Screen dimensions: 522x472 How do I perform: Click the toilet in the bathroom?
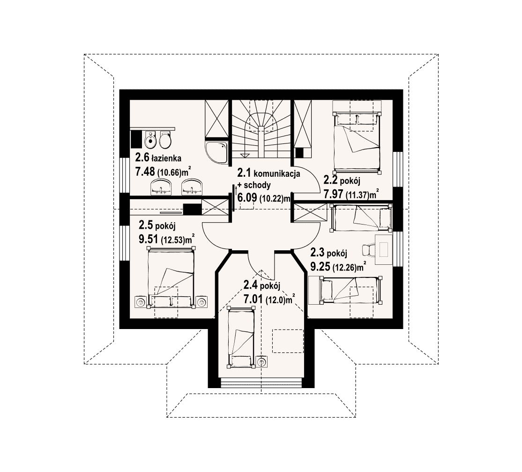(165, 140)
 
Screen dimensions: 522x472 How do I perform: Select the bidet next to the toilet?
(151, 140)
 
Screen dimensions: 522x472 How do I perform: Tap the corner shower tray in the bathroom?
(217, 152)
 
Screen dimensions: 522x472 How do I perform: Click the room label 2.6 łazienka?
(158, 157)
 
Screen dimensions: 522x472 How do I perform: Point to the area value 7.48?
(145, 172)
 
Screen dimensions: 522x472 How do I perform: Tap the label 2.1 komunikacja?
(268, 173)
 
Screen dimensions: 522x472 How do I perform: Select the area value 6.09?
(247, 198)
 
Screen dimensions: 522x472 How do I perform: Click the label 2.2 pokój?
(342, 180)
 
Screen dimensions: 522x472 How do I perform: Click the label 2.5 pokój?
(157, 225)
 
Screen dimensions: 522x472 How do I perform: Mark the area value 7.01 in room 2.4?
(254, 299)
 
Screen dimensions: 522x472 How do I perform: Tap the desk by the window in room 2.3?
(384, 249)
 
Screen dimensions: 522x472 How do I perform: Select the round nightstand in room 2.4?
(262, 361)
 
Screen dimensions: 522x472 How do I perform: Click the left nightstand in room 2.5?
(140, 302)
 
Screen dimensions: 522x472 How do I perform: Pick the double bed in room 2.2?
(357, 142)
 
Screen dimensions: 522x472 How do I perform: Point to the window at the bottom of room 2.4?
(261, 383)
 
